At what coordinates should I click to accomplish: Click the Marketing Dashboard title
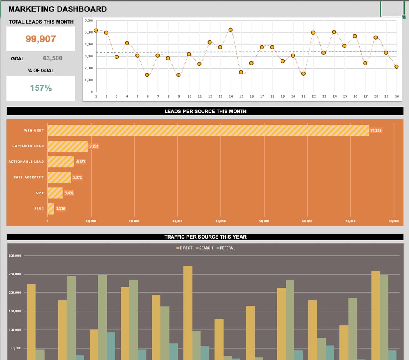58,9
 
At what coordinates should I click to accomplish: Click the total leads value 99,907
40,39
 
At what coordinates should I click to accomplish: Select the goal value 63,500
53,58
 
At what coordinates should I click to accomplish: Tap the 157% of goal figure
40,88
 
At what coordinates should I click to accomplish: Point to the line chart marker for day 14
231,30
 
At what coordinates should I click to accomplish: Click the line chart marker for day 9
178,75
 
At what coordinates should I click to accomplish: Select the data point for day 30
396,67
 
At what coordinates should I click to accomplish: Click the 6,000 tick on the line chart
89,20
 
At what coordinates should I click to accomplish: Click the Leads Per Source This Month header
205,111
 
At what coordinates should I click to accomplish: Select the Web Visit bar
208,130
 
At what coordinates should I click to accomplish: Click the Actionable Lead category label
26,162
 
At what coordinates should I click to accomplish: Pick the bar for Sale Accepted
59,177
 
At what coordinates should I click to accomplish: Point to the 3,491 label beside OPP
69,193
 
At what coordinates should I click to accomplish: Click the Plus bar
51,208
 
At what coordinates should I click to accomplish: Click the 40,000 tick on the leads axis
220,221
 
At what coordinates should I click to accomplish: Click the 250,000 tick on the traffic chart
15,274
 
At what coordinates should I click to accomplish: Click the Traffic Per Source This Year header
205,237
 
